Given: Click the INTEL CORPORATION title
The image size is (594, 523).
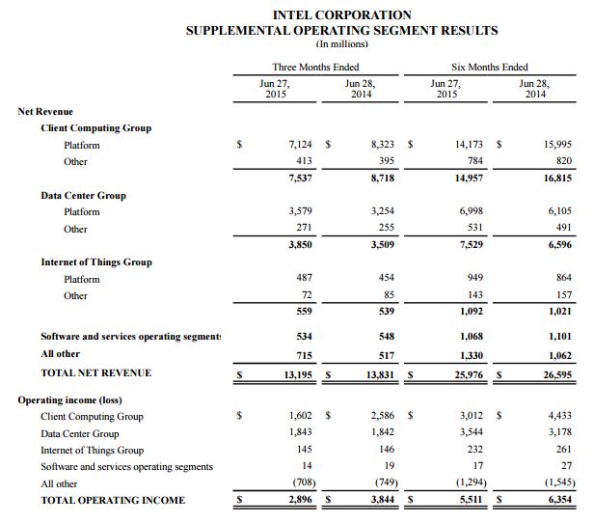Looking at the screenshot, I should (x=342, y=14).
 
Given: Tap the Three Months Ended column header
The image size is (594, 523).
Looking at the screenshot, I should (x=315, y=67).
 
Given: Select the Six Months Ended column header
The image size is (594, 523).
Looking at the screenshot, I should (x=489, y=67).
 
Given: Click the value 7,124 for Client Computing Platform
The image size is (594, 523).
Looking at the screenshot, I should (x=301, y=144).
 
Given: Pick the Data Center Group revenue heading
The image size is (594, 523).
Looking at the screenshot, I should (x=83, y=195).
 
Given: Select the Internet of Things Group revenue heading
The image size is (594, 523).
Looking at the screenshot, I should (x=96, y=261).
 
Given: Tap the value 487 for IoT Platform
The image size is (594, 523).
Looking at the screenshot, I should (x=306, y=279).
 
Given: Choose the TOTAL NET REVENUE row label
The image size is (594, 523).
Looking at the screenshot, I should (x=96, y=372).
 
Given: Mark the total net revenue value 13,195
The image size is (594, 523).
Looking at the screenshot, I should (x=298, y=373).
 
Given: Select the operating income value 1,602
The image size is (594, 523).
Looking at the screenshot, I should (x=301, y=416).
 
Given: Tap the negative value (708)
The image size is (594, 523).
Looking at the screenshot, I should (x=302, y=482).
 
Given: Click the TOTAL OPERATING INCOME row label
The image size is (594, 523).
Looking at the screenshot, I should (x=113, y=500).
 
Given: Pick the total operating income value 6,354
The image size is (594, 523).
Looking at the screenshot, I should (x=557, y=500).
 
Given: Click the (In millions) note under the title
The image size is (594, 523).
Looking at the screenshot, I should (x=341, y=43).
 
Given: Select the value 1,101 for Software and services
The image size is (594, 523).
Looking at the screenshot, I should (x=557, y=337).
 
